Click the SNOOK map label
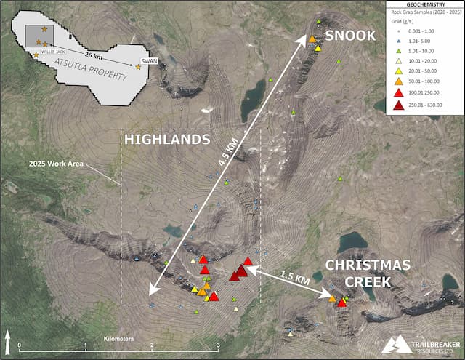click(x=350, y=35)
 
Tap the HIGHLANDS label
click(x=168, y=139)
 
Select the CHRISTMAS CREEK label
click(x=358, y=272)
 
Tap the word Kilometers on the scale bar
click(x=119, y=340)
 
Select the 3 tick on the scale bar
click(x=218, y=345)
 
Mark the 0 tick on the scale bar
click(x=20, y=345)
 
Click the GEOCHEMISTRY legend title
click(x=424, y=4)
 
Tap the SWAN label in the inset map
click(x=150, y=60)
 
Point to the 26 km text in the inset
click(x=92, y=55)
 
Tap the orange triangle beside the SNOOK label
click(x=312, y=39)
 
